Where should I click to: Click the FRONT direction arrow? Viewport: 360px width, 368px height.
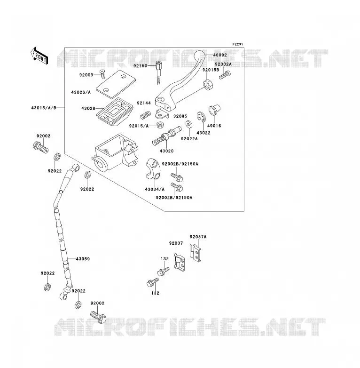[x=39, y=56]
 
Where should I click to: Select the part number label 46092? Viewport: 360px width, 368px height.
[x=220, y=55]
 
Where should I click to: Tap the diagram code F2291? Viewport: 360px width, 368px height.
[x=238, y=44]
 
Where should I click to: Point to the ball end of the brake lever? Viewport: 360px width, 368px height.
[x=200, y=56]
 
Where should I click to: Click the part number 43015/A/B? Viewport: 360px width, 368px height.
[x=44, y=108]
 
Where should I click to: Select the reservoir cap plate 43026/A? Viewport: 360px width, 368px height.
[x=116, y=84]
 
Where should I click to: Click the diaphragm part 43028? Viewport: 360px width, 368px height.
[x=115, y=112]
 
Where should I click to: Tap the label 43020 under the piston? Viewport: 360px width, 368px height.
[x=167, y=151]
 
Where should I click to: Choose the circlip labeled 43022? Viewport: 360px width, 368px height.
[x=201, y=117]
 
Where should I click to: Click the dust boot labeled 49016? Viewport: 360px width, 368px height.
[x=214, y=110]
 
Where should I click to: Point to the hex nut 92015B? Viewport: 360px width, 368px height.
[x=208, y=85]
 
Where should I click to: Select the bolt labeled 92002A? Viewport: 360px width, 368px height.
[x=225, y=75]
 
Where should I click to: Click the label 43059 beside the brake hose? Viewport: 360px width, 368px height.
[x=83, y=259]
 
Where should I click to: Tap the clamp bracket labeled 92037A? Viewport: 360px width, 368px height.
[x=195, y=253]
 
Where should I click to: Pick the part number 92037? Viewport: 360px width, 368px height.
[x=176, y=243]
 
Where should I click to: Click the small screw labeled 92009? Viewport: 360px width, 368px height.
[x=102, y=74]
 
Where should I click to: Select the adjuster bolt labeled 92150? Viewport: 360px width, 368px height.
[x=159, y=73]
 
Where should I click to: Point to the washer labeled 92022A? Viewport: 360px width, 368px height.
[x=188, y=124]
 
